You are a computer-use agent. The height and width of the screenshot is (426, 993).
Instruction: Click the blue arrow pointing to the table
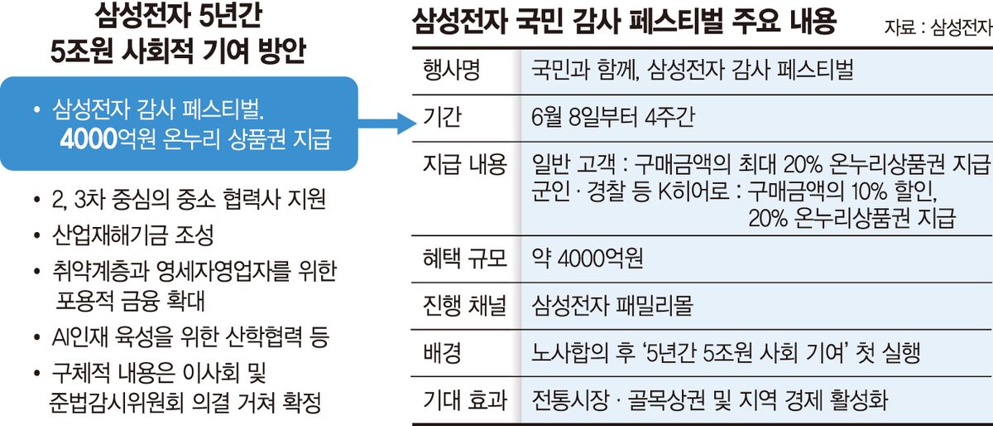[386, 123]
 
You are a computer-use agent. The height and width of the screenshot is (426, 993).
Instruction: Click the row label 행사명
[451, 70]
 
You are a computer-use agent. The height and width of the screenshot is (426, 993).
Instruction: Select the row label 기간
[442, 117]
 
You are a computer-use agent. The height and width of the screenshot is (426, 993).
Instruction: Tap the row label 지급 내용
[464, 165]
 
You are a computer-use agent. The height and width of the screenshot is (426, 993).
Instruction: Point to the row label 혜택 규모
[464, 259]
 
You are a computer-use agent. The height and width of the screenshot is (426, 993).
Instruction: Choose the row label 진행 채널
[464, 306]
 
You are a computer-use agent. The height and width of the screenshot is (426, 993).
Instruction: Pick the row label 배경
[442, 353]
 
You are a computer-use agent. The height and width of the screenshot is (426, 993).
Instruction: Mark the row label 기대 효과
[464, 400]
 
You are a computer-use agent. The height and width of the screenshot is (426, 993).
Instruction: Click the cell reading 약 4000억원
[587, 259]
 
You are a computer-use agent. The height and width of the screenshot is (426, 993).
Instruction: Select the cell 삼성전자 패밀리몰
[612, 306]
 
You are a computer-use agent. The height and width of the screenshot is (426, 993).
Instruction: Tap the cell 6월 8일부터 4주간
[612, 117]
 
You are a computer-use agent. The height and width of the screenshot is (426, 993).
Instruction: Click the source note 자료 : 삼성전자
[938, 27]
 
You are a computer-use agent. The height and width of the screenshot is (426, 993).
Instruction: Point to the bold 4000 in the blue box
[89, 139]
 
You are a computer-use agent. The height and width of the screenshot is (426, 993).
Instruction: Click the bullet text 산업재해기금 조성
[133, 235]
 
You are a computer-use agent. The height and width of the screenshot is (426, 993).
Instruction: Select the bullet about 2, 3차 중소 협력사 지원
[189, 199]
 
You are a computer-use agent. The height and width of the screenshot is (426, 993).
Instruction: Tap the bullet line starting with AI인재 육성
[190, 337]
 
